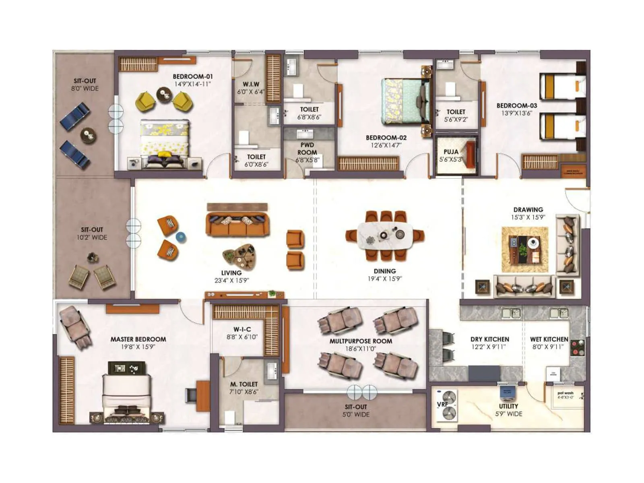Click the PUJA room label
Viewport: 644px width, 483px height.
(451, 152)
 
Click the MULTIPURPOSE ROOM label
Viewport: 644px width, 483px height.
(361, 341)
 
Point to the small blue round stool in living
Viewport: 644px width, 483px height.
(181, 237)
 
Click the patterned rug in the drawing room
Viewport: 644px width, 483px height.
(525, 250)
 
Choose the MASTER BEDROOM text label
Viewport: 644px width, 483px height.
(138, 339)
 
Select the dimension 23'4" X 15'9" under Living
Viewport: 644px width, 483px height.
(231, 281)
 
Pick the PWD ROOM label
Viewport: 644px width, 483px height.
(307, 149)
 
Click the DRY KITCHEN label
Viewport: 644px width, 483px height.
(489, 339)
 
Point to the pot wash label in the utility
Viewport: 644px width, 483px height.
(565, 393)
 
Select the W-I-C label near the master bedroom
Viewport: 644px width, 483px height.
(242, 329)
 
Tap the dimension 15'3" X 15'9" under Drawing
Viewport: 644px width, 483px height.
(528, 217)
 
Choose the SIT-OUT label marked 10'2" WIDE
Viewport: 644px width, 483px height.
(92, 230)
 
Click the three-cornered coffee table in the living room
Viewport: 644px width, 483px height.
(240, 257)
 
